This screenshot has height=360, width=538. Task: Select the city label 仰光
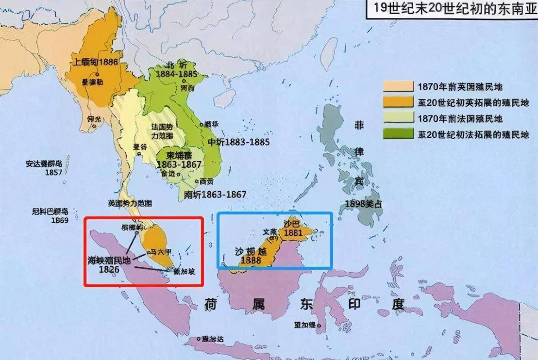[96, 118]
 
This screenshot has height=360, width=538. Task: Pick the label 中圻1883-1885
[238, 142]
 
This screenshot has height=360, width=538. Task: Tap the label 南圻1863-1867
[215, 194]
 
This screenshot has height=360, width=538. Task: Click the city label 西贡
[206, 181]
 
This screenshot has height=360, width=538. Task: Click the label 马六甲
[160, 251]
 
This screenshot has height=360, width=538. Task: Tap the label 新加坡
[185, 272]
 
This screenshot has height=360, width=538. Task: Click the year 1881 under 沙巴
[294, 233]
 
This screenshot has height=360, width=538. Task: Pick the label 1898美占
[363, 204]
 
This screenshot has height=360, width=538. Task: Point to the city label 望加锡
[304, 324]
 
